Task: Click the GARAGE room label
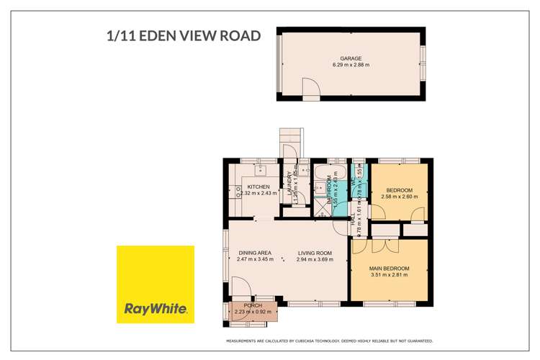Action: (351, 58)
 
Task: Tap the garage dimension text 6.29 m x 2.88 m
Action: (351, 66)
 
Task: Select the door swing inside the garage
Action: (310, 89)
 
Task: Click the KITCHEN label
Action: (258, 186)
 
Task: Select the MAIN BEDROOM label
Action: (389, 269)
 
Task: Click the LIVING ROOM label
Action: (315, 253)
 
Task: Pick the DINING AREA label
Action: (255, 253)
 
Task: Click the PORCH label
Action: (253, 306)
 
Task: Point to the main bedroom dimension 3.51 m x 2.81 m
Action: (389, 275)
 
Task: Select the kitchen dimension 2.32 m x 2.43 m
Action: (258, 193)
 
